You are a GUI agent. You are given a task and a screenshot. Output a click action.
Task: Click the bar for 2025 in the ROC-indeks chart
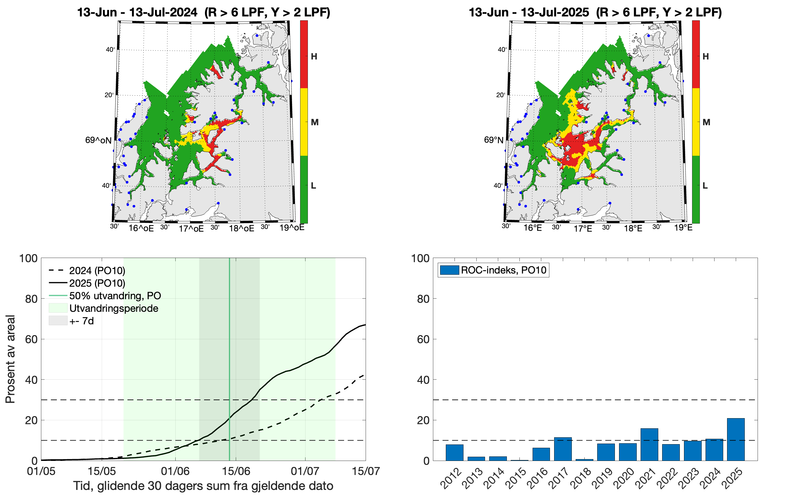point(735,439)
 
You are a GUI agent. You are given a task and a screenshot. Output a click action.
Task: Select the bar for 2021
point(649,444)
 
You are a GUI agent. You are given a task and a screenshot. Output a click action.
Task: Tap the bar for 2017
point(563,449)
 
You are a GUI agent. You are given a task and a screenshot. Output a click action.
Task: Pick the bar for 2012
point(454,453)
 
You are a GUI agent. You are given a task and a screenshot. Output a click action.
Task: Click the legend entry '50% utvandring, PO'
point(115,296)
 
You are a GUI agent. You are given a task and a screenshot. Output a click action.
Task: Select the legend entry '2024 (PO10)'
point(97,271)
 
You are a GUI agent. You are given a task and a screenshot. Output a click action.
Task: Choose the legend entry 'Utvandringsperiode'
point(113,308)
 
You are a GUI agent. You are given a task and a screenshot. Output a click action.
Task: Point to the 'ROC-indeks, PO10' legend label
point(503,270)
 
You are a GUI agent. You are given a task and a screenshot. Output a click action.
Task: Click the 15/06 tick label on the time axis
point(236,471)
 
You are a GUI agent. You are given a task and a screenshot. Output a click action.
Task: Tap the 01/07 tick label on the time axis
point(305,471)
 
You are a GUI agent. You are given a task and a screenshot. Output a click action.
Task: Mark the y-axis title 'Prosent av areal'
point(10,359)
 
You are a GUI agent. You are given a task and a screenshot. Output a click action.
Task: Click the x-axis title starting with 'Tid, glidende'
point(203,486)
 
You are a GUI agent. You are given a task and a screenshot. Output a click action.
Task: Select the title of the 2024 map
point(203,13)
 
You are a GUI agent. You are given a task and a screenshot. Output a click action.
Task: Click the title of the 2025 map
point(595,13)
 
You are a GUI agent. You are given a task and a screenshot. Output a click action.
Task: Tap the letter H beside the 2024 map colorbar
point(314,56)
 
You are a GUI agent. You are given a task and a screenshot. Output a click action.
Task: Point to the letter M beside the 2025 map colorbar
point(706,123)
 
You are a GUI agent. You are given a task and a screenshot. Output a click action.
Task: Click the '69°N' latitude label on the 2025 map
point(493,140)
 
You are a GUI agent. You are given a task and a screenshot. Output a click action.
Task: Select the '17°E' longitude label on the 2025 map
point(583,228)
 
